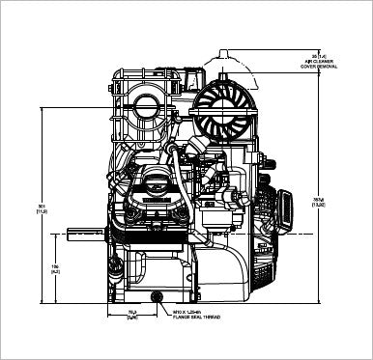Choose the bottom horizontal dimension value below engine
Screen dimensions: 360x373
click(132, 315)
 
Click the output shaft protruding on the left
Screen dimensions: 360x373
click(81, 231)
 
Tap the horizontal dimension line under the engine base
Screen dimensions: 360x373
click(133, 308)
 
